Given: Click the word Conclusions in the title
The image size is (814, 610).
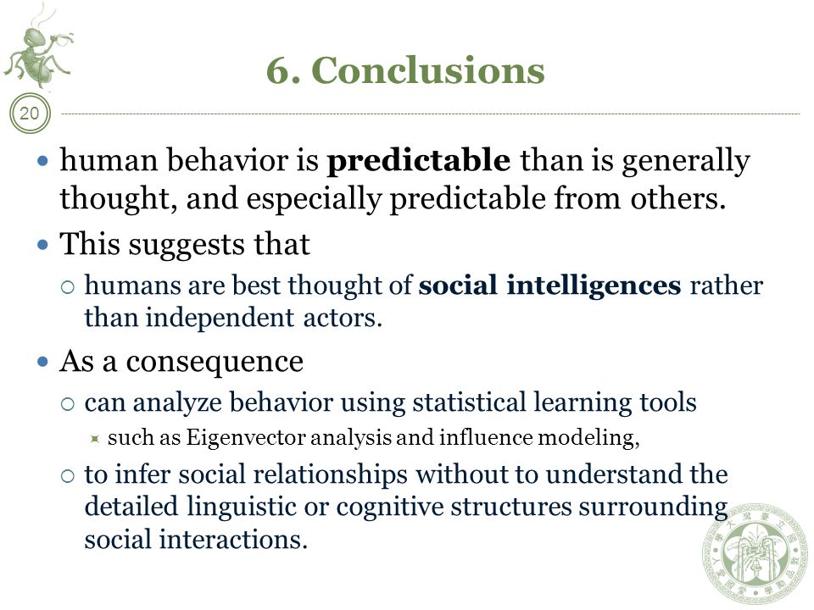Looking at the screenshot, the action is pos(428,70).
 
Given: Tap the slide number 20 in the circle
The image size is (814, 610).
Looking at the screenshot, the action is pos(30,113).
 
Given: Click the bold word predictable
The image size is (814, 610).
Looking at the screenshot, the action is pos(418,160).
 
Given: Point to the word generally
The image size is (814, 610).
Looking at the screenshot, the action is pos(686,161).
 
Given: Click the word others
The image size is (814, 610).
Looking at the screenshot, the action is pos(677,198).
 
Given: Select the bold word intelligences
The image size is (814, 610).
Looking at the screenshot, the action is pos(594,286).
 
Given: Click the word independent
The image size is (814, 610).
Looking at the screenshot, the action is pos(220,319).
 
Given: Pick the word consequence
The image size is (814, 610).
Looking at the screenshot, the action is pos(215,362).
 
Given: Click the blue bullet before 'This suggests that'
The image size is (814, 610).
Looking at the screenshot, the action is pos(43,244).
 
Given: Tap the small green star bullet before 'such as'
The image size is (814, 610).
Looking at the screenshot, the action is pos(94,440).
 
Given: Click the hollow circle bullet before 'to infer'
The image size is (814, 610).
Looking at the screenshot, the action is pos(68,476).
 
